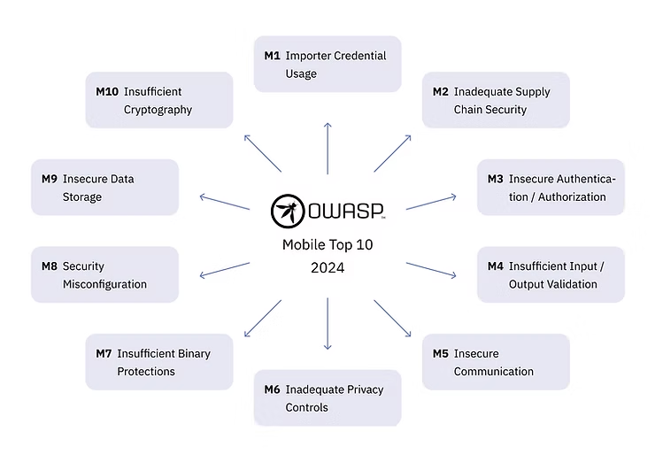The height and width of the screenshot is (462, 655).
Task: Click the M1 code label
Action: pos(272,56)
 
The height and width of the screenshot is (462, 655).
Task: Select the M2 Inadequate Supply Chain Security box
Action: pos(496,100)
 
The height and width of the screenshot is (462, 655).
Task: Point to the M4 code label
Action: pos(496,266)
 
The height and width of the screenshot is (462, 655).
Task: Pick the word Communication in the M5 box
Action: pos(494,372)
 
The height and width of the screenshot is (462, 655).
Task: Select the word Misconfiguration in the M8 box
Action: pos(104,284)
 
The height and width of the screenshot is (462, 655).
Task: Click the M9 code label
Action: pos(50,179)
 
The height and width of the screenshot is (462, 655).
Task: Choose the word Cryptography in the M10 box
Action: pos(158,110)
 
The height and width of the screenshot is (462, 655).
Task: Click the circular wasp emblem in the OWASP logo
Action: pos(288,211)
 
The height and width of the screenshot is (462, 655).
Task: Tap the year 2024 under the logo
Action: pos(327,266)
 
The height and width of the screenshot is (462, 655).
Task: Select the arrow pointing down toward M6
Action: pos(327,323)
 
